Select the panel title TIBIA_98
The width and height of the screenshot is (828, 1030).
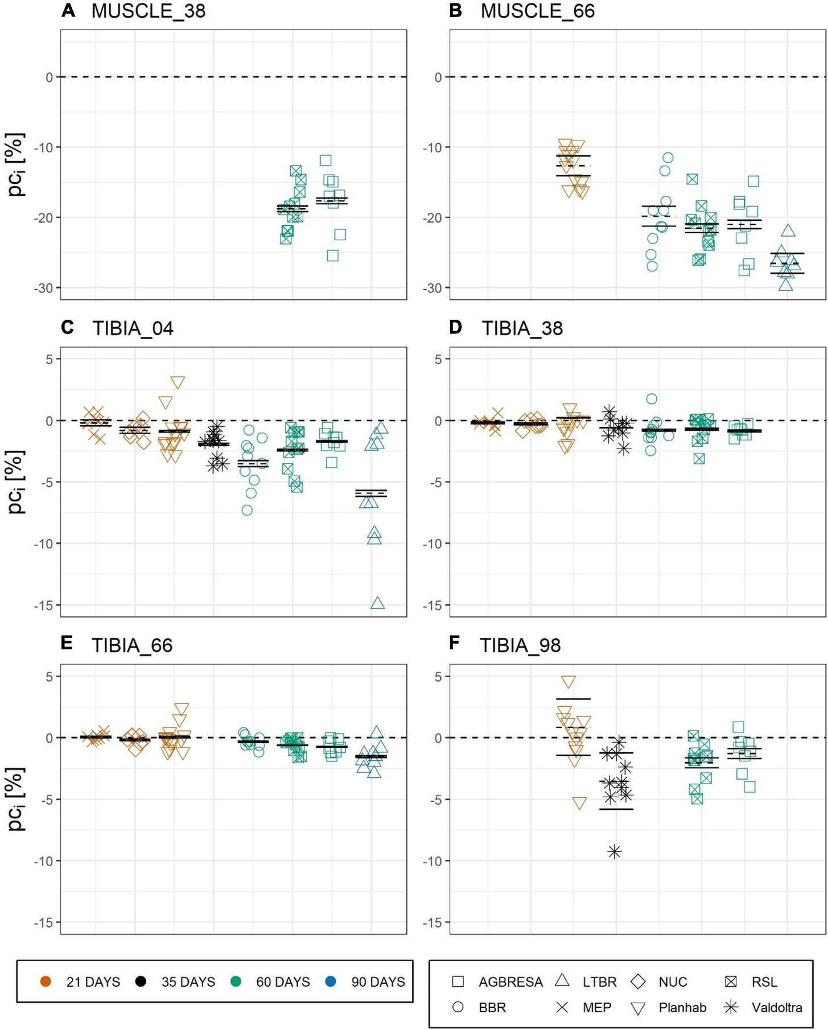(x=520, y=645)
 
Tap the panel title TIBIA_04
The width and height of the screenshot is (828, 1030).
(x=133, y=328)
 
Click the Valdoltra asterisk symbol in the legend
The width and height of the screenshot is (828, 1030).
(x=731, y=1007)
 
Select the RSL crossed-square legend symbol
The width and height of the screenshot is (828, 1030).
(x=731, y=982)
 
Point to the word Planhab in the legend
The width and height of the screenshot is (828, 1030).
(x=682, y=1007)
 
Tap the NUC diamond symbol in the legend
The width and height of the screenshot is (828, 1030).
(x=638, y=982)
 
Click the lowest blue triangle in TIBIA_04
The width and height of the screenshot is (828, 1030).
(x=377, y=603)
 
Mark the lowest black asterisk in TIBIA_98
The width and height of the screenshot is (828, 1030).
(x=614, y=852)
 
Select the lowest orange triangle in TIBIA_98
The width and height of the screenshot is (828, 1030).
(x=579, y=803)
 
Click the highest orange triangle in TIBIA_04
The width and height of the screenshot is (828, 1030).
(x=178, y=382)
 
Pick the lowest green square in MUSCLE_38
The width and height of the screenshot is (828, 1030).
(x=333, y=256)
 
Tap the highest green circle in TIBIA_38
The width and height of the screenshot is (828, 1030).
(x=652, y=399)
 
